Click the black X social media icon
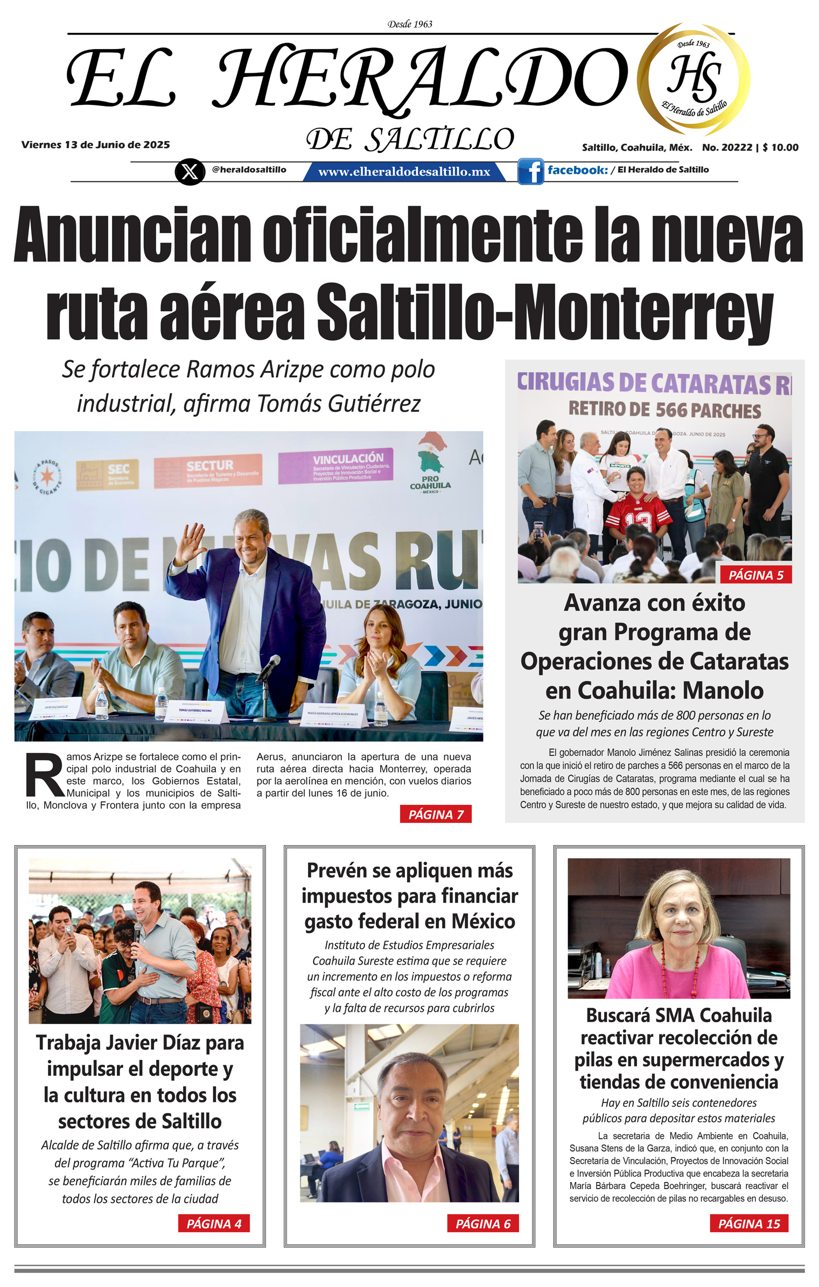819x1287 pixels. click(x=190, y=172)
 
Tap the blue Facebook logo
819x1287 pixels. click(x=530, y=171)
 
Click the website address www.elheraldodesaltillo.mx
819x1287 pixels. click(x=404, y=172)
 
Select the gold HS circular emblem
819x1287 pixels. click(x=694, y=79)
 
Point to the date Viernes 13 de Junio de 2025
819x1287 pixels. click(x=95, y=145)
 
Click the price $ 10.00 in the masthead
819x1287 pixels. click(x=780, y=147)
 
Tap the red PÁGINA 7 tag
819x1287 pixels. click(x=436, y=814)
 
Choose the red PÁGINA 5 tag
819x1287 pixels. click(x=755, y=575)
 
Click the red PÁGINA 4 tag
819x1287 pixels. click(x=214, y=1223)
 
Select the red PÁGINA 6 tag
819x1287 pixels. click(x=483, y=1223)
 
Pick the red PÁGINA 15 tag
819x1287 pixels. click(x=748, y=1223)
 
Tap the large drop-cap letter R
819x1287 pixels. click(x=45, y=775)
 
